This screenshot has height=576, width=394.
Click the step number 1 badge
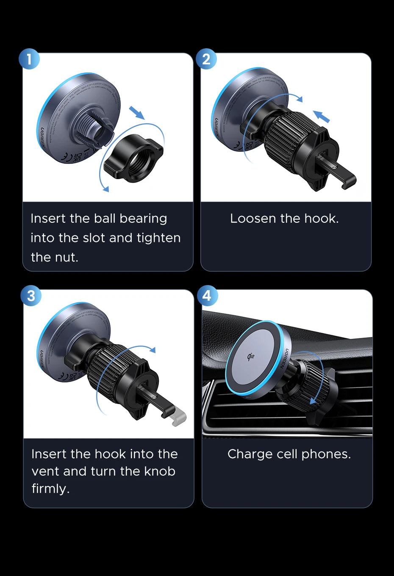pos(29,59)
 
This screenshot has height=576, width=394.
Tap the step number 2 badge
pos(206,59)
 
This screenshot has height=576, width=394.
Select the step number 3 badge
pos(31,296)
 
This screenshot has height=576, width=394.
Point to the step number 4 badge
pos(207,296)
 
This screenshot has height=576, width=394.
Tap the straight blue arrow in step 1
pos(136,113)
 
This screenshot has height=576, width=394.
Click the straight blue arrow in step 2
pos(321,116)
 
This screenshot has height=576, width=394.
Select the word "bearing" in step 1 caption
pos(143,219)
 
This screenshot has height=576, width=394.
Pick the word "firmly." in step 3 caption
pos(50,489)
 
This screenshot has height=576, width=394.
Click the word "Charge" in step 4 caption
pos(250,454)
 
